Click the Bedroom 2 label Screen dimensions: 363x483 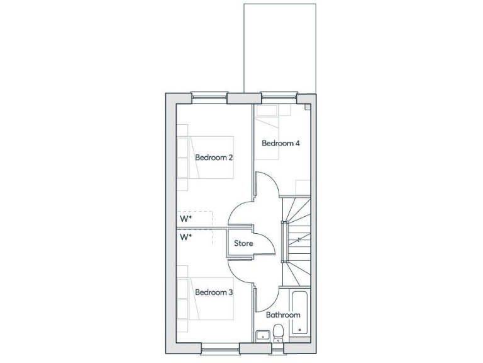pyautogui.click(x=214, y=158)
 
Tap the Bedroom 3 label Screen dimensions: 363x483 pyautogui.click(x=214, y=292)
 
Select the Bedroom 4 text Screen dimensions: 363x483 pyautogui.click(x=280, y=143)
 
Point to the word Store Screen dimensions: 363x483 pyautogui.click(x=243, y=243)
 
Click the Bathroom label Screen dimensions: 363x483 pyautogui.click(x=283, y=314)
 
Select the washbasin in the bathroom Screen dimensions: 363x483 pyautogui.click(x=262, y=334)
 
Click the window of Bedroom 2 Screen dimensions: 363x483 pyautogui.click(x=209, y=97)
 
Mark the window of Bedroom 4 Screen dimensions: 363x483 pyautogui.click(x=279, y=97)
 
